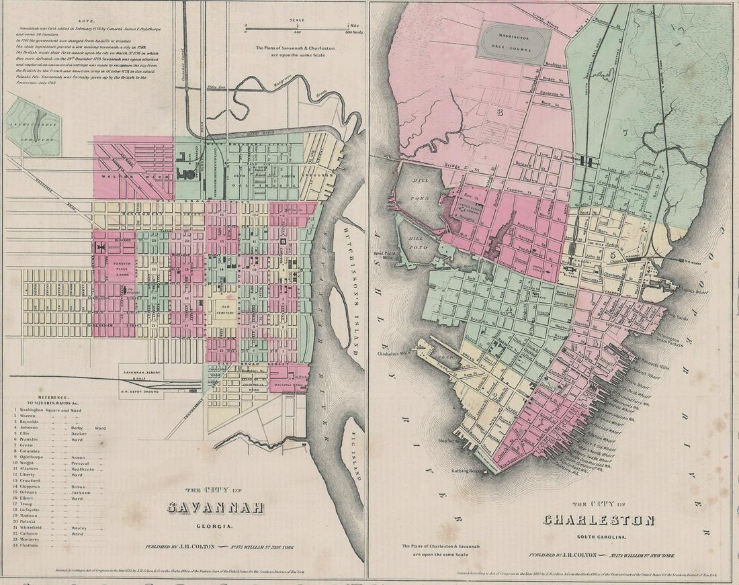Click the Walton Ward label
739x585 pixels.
click(120, 177)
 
